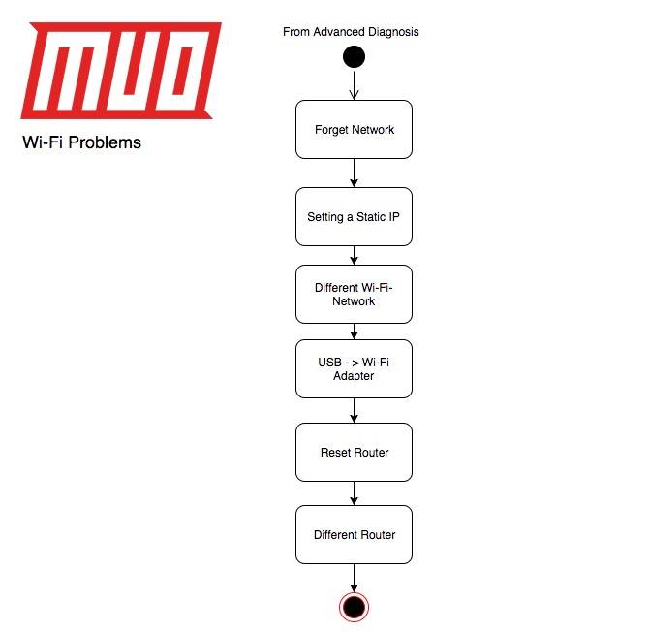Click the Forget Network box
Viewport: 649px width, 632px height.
click(354, 129)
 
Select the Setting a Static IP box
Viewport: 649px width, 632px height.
click(354, 216)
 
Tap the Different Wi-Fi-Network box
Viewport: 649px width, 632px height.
click(354, 294)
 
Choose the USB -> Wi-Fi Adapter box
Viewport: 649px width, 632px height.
click(354, 368)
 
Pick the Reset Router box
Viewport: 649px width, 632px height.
click(354, 452)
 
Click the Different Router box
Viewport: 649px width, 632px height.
click(354, 534)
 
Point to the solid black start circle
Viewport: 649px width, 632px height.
click(354, 56)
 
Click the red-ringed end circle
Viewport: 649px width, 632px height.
click(354, 607)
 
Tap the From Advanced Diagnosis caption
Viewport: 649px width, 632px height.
click(351, 32)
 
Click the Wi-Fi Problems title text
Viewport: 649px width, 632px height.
click(81, 142)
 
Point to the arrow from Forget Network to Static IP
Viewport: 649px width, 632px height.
click(354, 173)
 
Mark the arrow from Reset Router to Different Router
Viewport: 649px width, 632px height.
click(354, 493)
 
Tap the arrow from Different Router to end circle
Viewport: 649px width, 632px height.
click(354, 578)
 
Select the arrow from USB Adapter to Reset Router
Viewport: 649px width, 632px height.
click(354, 410)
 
